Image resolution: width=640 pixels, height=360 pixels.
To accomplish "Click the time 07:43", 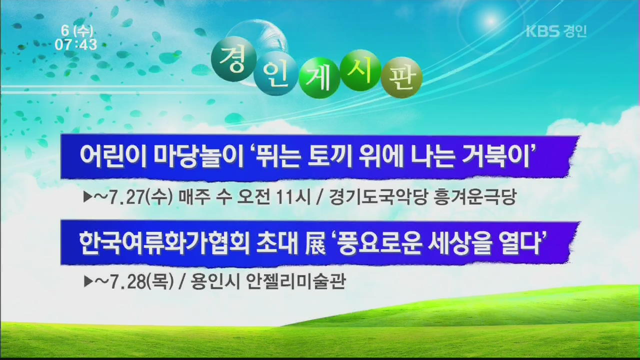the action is tap(76, 44).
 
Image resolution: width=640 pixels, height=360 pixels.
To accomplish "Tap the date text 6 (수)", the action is tap(77, 30).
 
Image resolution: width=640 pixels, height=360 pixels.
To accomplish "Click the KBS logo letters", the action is tap(542, 31).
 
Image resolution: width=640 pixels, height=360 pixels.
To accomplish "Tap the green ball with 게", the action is tap(319, 77).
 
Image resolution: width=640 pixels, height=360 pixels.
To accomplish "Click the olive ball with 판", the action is tap(401, 77).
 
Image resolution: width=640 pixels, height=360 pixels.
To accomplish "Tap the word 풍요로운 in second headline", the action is tap(379, 243).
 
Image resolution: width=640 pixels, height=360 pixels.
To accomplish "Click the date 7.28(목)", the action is tap(141, 281).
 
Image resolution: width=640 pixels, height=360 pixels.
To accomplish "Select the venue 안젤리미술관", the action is tap(295, 281).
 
